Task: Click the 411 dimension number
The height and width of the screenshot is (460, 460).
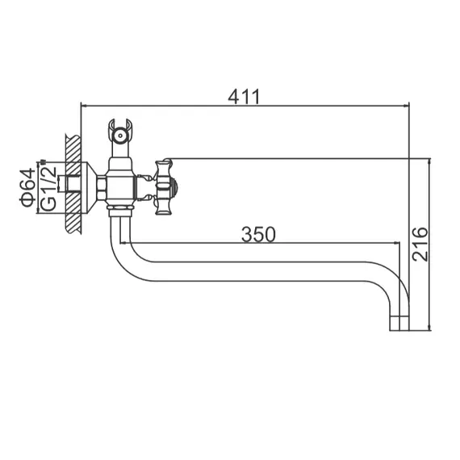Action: coord(245,96)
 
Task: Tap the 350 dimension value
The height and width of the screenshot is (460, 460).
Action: coord(258,234)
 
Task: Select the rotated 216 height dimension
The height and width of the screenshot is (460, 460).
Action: coord(420,243)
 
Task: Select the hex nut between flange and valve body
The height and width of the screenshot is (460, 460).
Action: coord(102,189)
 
